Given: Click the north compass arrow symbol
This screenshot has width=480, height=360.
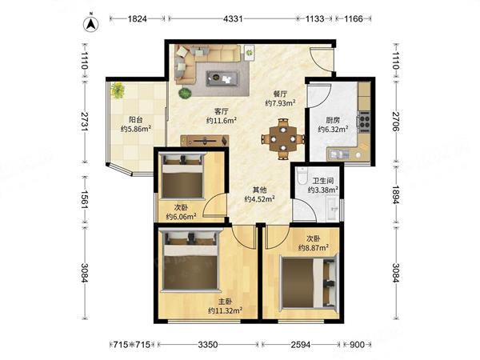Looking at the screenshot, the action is coord(90,23).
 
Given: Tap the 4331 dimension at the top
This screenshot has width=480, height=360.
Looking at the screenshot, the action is coord(233,19).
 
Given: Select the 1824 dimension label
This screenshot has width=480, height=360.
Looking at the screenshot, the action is coord(137,19).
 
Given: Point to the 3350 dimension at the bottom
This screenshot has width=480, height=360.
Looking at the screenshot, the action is coord(208,345).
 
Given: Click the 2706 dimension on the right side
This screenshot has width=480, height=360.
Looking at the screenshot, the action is coord(396,122).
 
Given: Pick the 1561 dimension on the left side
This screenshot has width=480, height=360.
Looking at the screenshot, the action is coord(85,199).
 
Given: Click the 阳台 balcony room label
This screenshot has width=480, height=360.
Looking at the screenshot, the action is coord(136,120).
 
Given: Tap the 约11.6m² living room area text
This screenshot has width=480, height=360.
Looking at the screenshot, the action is coord(222,120).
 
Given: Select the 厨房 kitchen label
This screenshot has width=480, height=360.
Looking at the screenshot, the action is coord(333,120).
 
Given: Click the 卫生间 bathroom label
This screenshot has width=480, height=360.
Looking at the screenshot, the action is coord(323,181).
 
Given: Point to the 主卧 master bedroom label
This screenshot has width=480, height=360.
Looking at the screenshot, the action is coord(225,302).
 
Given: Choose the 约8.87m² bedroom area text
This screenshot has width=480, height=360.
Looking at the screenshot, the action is coord(314,247).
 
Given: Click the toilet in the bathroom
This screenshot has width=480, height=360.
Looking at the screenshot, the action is coord(302,175).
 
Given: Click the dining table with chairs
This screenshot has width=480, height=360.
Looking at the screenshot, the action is coord(283,139).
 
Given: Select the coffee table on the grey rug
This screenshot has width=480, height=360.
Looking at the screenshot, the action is coord(222,78).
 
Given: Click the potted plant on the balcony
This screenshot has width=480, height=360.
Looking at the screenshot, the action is coord(118,90).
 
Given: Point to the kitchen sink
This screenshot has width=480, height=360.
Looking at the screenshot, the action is coord(338,154).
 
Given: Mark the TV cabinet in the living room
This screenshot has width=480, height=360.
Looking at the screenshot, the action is coord(205,141).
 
